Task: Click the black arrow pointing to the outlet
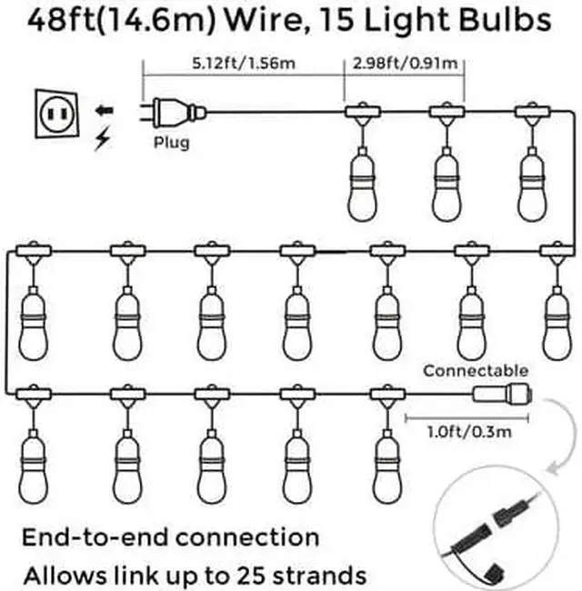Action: click(105, 110)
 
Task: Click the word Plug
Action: click(171, 142)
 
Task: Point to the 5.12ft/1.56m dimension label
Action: click(242, 65)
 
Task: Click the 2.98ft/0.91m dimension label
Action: click(405, 65)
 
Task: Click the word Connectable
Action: click(475, 370)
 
